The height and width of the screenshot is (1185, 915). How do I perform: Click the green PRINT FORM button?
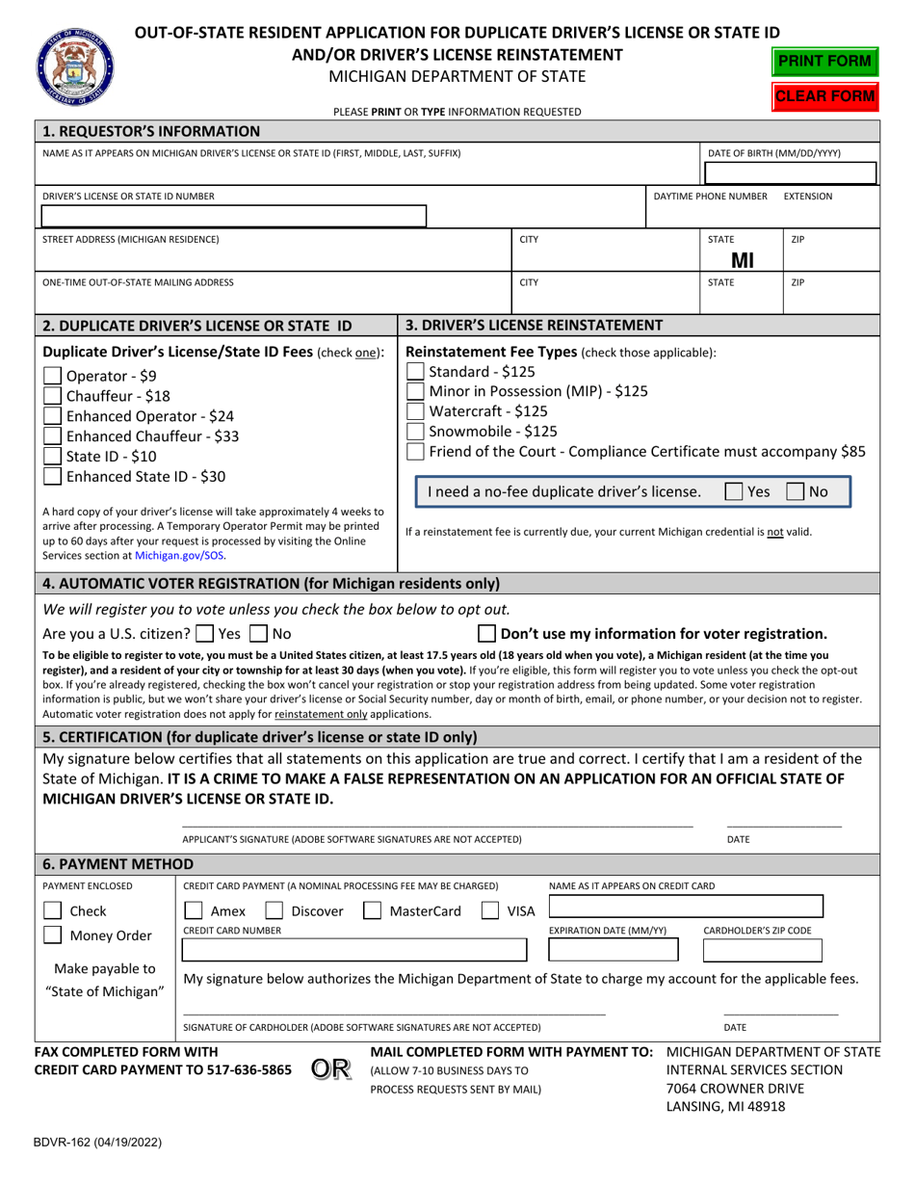826,62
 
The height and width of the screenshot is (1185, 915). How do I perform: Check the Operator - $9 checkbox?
54,376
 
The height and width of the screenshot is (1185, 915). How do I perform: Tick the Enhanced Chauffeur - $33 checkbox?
54,436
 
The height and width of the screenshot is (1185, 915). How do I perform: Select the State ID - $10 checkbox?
54,457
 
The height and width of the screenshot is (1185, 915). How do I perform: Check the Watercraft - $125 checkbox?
416,411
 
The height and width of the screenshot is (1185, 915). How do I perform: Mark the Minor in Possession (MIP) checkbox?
416,391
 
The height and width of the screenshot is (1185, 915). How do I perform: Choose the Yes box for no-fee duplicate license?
733,491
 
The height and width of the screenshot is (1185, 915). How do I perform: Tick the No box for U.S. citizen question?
257,634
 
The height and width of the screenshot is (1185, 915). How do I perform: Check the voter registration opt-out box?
487,634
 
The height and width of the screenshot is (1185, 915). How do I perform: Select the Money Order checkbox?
55,935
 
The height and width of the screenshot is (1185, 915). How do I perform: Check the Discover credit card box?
274,911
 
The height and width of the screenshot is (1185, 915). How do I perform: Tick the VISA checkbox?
490,911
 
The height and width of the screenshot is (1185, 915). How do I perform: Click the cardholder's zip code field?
763,951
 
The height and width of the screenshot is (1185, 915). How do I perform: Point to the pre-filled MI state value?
743,258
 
